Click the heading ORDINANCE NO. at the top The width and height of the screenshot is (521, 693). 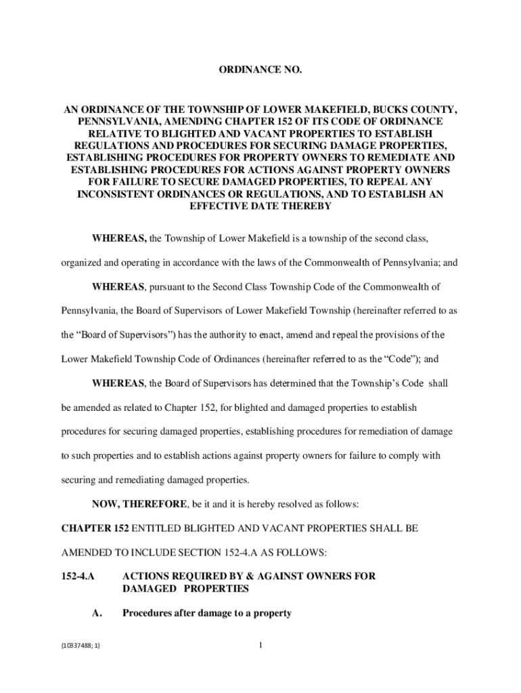(x=260, y=70)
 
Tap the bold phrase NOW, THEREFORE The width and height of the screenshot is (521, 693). (x=139, y=504)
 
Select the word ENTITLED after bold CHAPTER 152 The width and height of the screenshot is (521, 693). (x=154, y=528)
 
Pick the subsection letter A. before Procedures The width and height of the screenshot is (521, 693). (x=97, y=613)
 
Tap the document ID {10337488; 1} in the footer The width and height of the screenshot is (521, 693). (x=80, y=646)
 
